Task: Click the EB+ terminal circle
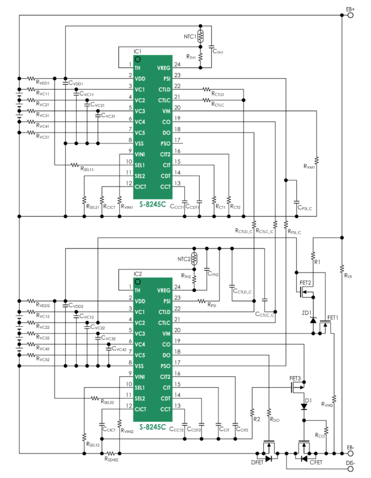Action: coord(351,16)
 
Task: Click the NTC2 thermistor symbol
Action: coord(193,258)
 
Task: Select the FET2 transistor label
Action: coord(305,282)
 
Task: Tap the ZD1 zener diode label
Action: coord(306,312)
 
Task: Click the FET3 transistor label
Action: coord(295,378)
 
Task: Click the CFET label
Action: coord(316,462)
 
